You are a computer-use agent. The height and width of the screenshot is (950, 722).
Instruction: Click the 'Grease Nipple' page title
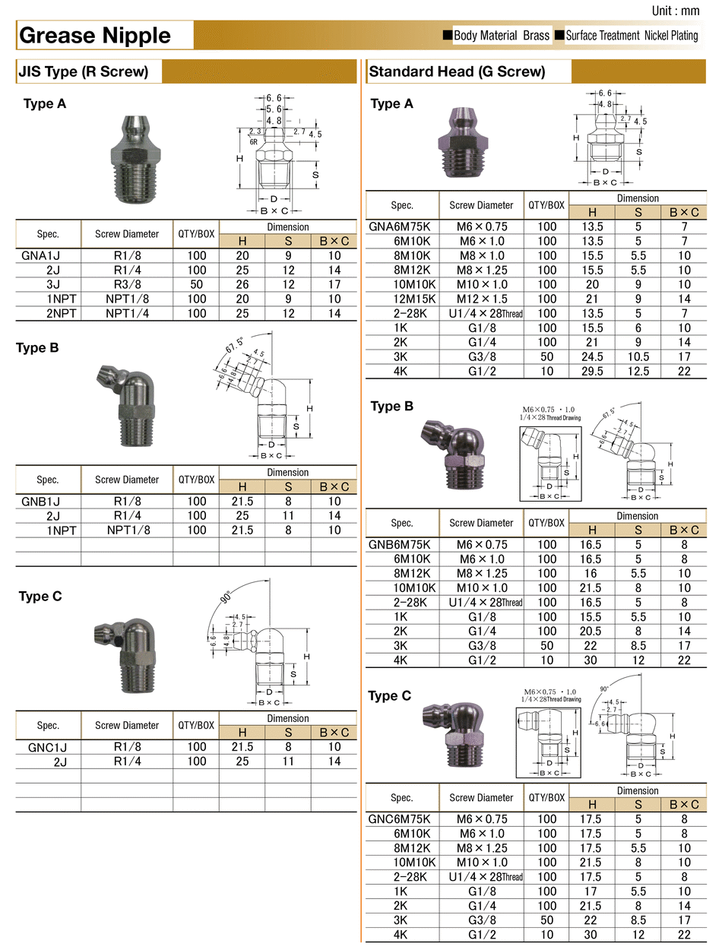(95, 36)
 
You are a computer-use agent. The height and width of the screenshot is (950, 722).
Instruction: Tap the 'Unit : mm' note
(676, 11)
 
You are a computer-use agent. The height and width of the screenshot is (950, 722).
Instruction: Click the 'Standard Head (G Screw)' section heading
(457, 73)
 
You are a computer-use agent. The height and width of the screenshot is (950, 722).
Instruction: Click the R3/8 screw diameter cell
(127, 285)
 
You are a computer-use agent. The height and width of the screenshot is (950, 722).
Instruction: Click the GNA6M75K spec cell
(402, 226)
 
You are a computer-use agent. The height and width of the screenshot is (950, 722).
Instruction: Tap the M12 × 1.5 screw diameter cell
(481, 299)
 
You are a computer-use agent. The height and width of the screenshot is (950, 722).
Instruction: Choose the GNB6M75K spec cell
(402, 544)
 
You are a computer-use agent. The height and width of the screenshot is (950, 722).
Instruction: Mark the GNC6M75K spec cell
(402, 819)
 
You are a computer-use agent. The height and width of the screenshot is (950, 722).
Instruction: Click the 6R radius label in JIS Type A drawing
(253, 141)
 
